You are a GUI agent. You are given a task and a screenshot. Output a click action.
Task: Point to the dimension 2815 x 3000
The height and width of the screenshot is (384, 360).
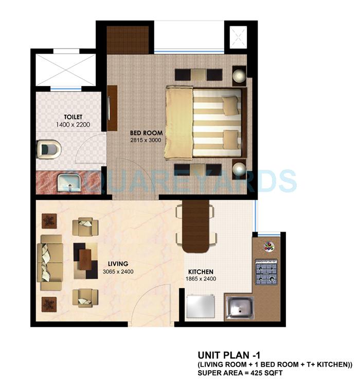[x=136, y=140]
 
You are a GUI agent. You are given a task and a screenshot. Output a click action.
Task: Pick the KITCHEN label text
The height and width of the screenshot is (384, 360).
[x=201, y=272]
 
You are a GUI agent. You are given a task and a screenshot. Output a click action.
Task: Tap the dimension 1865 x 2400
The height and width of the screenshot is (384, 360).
[x=201, y=279]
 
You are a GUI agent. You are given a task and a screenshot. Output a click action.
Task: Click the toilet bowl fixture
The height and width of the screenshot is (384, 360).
[x=49, y=149]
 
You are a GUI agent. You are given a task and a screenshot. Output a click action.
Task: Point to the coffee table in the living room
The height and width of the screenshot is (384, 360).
[x=85, y=260]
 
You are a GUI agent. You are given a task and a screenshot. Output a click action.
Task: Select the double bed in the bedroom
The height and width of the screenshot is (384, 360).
[x=204, y=123]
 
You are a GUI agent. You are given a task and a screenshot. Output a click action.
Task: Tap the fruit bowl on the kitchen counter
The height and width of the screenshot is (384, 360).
[x=268, y=246]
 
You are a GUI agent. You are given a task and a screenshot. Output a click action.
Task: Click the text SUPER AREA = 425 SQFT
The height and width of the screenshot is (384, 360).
[x=240, y=372]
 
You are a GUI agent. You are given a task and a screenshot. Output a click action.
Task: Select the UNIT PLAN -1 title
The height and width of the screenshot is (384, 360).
[x=222, y=355]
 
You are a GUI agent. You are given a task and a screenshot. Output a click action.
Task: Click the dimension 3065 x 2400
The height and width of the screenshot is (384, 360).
[x=118, y=271]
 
